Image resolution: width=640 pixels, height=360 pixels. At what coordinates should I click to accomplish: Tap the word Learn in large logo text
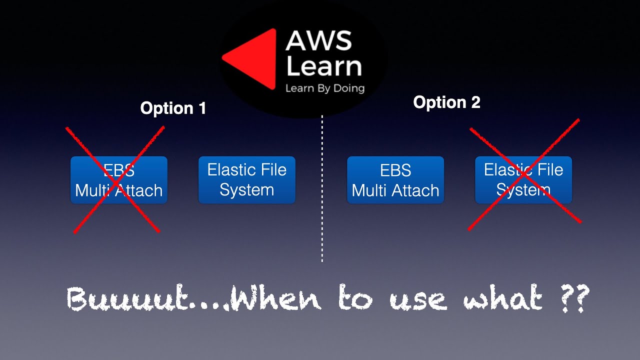pos(323,67)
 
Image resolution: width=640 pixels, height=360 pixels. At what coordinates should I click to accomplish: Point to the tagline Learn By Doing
pos(324,88)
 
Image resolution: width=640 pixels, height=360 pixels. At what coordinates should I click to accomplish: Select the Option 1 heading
pos(173,108)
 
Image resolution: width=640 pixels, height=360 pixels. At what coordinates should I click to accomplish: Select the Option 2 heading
pos(446,102)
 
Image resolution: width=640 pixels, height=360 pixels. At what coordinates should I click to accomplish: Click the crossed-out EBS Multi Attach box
pos(119,180)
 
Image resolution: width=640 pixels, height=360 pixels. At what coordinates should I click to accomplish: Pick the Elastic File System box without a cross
pos(247,180)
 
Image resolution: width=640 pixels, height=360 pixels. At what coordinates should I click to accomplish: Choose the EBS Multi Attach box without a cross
pos(395,180)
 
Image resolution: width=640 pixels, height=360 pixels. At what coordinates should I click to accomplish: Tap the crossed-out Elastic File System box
pos(523,180)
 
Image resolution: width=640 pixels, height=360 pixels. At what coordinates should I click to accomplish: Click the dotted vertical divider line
pos(322,190)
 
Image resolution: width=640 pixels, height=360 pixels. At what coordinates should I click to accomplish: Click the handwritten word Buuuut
pos(134,299)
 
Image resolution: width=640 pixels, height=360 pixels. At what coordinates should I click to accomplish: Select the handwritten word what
pos(503,298)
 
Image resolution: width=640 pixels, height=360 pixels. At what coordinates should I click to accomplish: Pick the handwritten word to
pos(355,298)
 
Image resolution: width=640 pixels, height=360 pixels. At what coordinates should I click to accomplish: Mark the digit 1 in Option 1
pos(201,108)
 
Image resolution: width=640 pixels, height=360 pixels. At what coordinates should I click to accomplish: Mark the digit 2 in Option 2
pos(475,102)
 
